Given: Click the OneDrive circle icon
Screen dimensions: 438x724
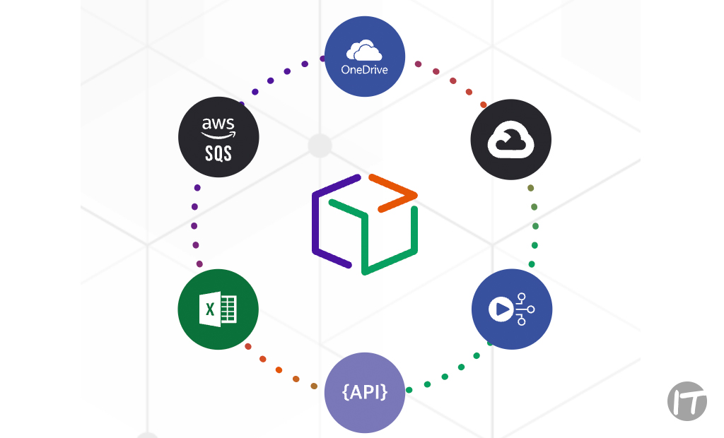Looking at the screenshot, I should point(364,57).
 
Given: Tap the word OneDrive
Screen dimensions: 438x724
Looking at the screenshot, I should point(364,69).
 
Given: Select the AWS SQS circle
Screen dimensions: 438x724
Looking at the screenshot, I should point(218,137).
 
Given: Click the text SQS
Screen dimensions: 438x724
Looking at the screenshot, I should point(218,152).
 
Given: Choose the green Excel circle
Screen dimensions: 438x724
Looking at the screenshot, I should point(218,309).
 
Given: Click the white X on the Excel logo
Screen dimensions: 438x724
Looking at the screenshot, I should point(210,309).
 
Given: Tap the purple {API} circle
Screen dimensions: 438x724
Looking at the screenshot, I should point(364,393).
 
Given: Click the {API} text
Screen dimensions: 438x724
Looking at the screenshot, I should point(364,393).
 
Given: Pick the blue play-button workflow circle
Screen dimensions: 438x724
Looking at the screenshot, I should point(511,309).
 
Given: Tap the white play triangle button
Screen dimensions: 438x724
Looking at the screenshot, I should point(501,309).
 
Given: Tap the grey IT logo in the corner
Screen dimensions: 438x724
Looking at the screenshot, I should point(687,401).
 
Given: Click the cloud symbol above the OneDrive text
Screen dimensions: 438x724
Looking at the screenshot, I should point(364,51).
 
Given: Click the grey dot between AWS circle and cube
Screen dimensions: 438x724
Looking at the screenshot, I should point(320,146).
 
